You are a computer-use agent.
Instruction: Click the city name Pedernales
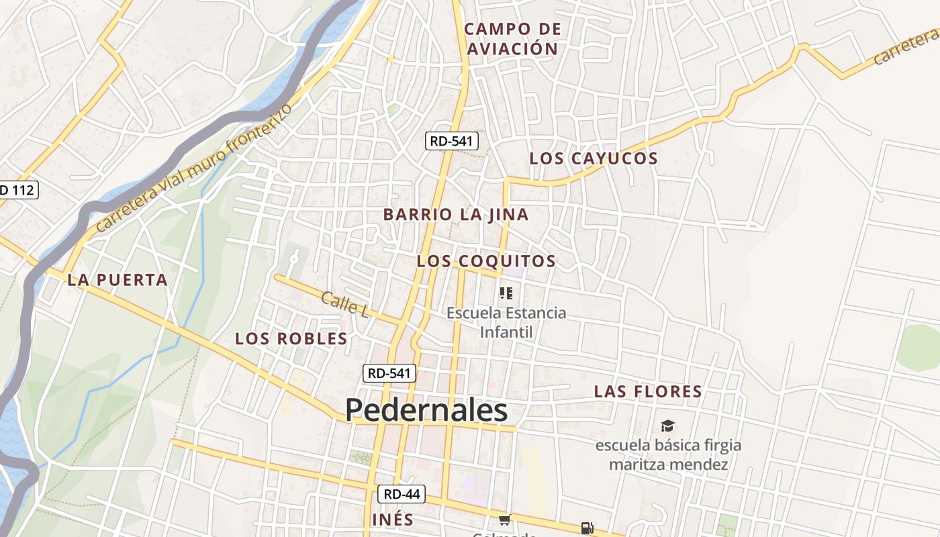point(426,410)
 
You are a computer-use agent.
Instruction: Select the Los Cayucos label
point(594,158)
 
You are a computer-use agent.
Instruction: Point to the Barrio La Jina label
point(456,215)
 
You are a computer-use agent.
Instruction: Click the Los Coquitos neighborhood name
point(486,261)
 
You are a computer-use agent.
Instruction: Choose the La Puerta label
point(117,280)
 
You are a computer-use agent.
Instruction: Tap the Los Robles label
point(291,338)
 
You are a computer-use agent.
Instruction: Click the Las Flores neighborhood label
point(648,391)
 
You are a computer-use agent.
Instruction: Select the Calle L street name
point(345,304)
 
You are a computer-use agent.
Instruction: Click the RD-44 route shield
point(402,495)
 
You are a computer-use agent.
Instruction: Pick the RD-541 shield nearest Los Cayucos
point(452,141)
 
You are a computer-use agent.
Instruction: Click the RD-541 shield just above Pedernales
point(390,373)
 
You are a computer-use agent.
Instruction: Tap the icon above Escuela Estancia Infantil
point(506,293)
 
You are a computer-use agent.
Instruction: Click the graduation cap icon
point(667,426)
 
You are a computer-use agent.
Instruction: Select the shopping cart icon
point(504,520)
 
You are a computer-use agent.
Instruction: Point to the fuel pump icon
point(587,528)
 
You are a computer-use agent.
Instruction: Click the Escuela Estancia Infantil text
point(506,322)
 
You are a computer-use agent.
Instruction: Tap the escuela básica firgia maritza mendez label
point(668,454)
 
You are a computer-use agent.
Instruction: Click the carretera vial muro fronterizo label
point(195,168)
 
